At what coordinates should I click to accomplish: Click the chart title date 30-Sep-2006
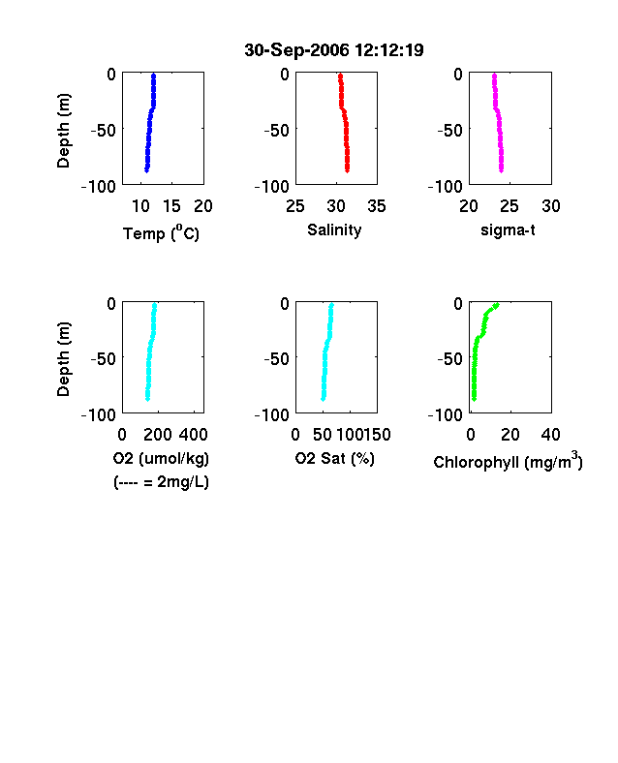(296, 50)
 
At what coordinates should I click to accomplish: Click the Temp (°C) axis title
(161, 233)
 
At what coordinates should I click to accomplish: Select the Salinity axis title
(334, 230)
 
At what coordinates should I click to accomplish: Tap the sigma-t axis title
(508, 230)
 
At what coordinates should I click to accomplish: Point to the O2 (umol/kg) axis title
(161, 458)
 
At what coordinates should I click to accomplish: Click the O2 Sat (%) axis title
(335, 458)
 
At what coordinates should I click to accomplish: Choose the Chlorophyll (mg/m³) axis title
(508, 461)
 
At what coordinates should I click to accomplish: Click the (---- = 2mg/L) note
(161, 482)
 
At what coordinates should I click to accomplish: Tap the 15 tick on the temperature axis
(171, 206)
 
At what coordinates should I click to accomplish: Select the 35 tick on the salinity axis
(377, 206)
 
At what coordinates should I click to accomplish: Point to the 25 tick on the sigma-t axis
(510, 206)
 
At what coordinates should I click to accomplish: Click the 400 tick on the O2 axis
(194, 435)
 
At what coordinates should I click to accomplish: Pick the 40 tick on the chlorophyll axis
(551, 435)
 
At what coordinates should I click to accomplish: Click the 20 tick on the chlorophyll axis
(510, 435)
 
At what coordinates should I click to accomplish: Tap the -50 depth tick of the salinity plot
(277, 130)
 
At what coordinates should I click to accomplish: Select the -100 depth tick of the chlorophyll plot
(446, 415)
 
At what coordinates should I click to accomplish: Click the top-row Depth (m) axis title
(63, 131)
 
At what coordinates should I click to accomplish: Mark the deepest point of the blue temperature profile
(146, 169)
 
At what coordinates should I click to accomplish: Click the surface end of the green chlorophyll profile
(496, 306)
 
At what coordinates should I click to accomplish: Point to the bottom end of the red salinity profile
(347, 169)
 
